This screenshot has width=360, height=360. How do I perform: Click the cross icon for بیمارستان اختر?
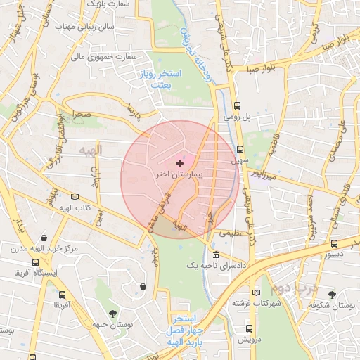[179, 163]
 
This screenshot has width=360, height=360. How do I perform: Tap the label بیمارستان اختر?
[179, 174]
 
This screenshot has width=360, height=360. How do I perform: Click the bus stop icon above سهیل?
[240, 149]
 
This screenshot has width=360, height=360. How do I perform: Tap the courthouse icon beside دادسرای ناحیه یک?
[214, 255]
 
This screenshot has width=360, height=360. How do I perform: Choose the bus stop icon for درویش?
[249, 328]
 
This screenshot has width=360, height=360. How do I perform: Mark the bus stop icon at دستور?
[333, 244]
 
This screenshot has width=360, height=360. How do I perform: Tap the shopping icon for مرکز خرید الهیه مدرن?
[45, 238]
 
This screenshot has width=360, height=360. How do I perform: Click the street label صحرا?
[79, 113]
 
